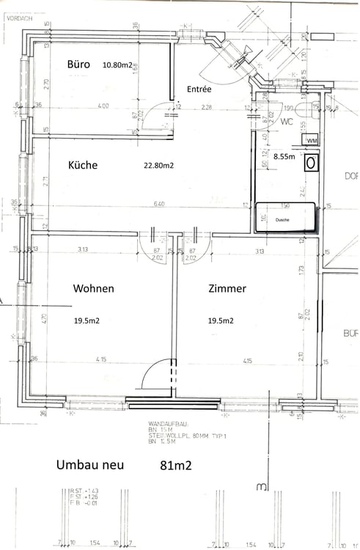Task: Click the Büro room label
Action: pos(78,65)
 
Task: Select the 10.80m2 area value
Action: pos(117,65)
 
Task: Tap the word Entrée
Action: pos(199,89)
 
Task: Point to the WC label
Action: pos(286,123)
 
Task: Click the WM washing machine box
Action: pos(312,141)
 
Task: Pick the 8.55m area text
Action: pos(284,156)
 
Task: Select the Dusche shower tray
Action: pos(284,219)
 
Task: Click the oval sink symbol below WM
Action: pos(312,162)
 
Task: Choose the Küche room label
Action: pos(83,165)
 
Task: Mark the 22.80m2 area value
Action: pos(159,166)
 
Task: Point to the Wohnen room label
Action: pos(93,289)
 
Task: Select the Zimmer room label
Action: pos(227,289)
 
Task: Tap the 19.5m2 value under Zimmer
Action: pos(220,320)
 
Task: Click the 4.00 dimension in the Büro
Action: pos(103,106)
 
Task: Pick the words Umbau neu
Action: pos(90,465)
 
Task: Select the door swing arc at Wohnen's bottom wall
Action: pos(156,374)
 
